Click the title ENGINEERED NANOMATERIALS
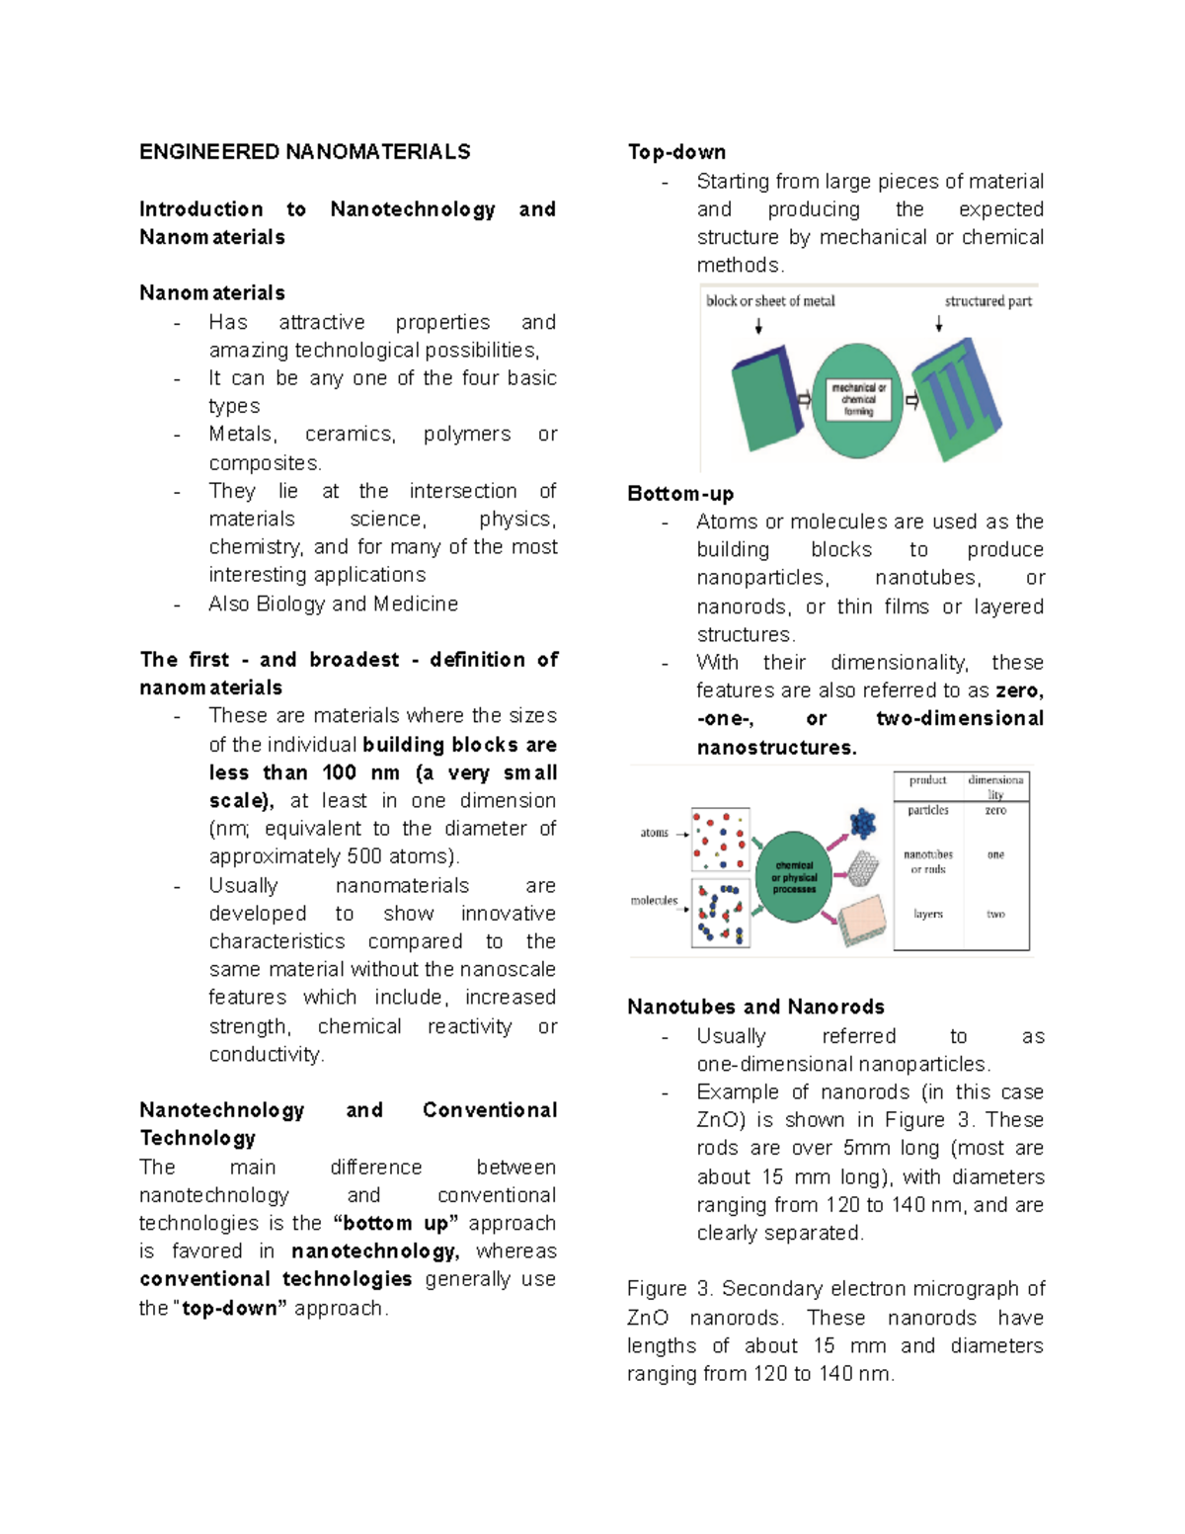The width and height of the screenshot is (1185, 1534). (304, 152)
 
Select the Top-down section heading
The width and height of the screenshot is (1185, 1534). (676, 152)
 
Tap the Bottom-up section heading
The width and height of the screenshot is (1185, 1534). (680, 494)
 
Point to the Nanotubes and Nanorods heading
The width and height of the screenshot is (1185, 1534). (755, 1007)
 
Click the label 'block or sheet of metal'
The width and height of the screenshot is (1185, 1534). (770, 301)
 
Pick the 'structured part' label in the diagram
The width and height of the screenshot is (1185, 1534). (987, 301)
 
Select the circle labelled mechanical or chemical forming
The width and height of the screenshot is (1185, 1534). (857, 400)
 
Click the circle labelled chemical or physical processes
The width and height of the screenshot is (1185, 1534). (794, 876)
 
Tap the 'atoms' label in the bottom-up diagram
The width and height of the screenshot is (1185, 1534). (654, 833)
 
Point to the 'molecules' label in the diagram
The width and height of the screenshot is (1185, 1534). (654, 900)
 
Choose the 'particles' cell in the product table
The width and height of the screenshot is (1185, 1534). (928, 810)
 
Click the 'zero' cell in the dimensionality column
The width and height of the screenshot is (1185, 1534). (995, 810)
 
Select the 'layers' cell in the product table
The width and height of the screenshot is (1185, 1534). (928, 914)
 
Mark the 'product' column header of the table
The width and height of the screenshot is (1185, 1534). (928, 780)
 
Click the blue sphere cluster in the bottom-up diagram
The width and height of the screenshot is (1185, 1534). (863, 822)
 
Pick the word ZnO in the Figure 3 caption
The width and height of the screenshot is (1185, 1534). (647, 1318)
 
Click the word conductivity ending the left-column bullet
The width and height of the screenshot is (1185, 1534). (265, 1054)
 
